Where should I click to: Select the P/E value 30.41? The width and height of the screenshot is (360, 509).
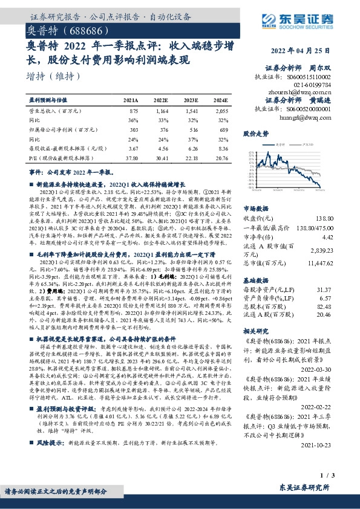[163, 157]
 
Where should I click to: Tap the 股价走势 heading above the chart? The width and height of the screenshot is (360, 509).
[255, 133]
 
